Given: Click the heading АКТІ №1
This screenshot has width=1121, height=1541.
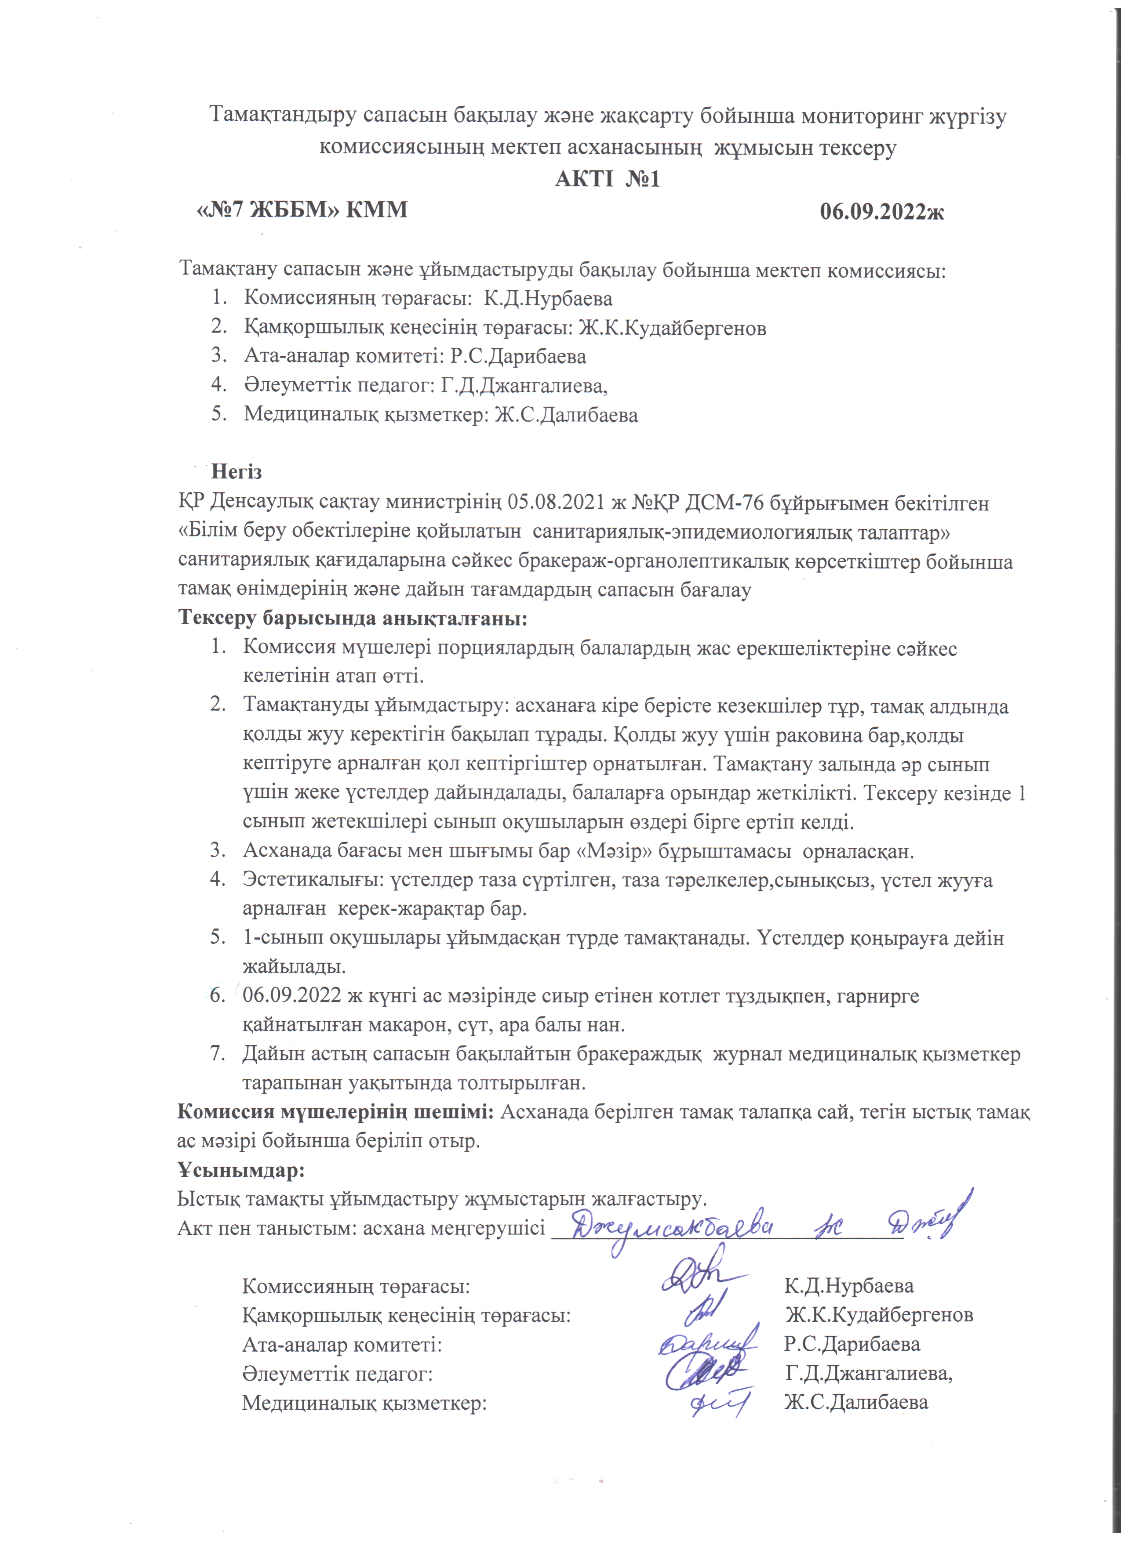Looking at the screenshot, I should click(607, 179).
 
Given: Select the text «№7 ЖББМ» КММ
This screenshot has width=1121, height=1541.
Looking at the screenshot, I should click(302, 209).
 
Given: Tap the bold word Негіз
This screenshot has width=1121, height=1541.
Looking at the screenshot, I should click(236, 471).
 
